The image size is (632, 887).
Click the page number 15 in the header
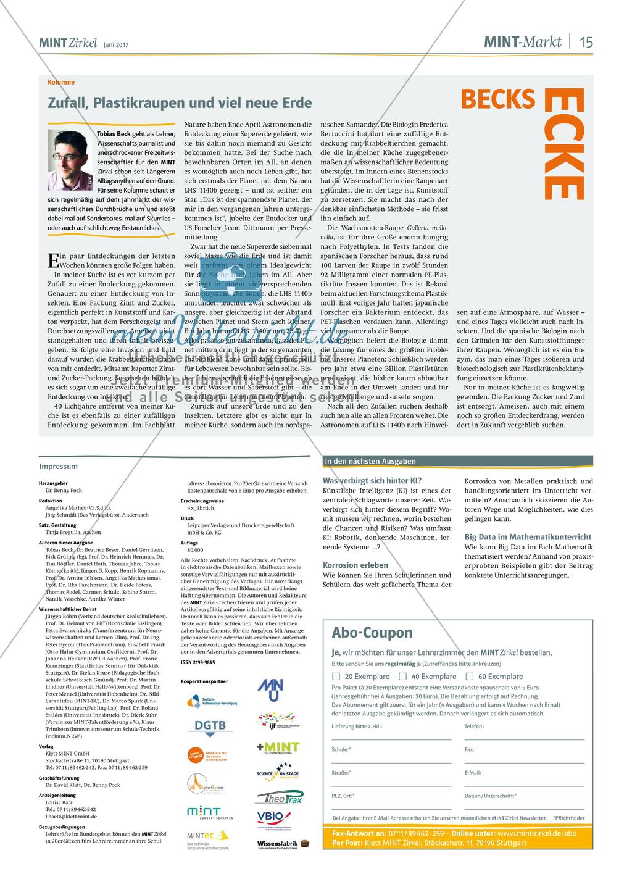click(586, 42)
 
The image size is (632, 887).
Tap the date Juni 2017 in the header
click(116, 44)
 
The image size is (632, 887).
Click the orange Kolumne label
click(61, 82)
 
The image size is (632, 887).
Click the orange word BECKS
click(497, 99)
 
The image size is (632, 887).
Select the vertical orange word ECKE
click(563, 144)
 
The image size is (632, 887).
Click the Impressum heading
click(59, 467)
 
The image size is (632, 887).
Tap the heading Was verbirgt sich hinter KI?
click(372, 481)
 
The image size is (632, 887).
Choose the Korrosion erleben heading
click(355, 565)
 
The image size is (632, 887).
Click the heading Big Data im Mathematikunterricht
click(528, 537)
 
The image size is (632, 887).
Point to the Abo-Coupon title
click(372, 633)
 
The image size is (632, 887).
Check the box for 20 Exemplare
click(336, 676)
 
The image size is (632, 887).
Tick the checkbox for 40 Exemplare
click(402, 676)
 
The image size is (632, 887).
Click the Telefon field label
click(474, 727)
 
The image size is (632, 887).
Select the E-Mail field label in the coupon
click(473, 773)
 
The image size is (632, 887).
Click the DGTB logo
click(210, 726)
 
